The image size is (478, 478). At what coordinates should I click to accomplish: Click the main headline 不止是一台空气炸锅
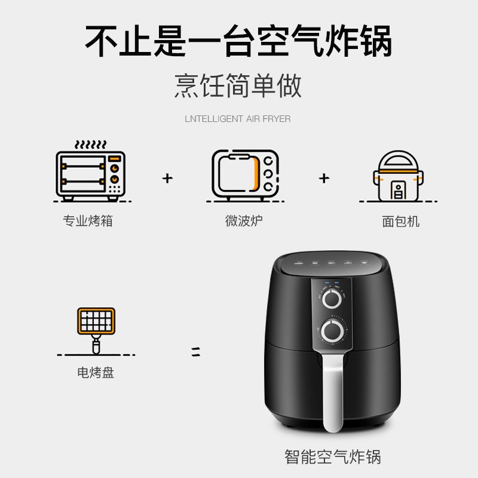[x=238, y=41]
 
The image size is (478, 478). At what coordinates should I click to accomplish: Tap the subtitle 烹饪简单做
[x=238, y=85]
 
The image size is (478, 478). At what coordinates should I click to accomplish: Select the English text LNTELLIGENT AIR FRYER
[x=238, y=118]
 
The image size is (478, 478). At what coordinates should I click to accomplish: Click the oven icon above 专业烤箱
[x=91, y=176]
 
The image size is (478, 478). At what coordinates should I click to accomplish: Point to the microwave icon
[x=246, y=174]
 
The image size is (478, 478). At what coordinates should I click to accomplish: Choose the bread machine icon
[x=398, y=176]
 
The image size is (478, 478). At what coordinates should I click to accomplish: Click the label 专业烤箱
[x=88, y=221]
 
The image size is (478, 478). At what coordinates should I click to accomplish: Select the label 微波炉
[x=244, y=221]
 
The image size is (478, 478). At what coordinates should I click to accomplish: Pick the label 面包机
[x=400, y=221]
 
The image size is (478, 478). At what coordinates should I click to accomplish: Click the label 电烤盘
[x=96, y=372]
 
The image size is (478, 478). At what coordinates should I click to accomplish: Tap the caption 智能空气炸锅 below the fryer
[x=333, y=456]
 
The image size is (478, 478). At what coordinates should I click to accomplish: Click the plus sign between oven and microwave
[x=167, y=178]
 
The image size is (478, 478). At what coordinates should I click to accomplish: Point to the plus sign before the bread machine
[x=324, y=178]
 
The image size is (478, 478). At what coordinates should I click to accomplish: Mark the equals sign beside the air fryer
[x=196, y=351]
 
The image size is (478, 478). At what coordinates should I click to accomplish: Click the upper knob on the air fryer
[x=332, y=299]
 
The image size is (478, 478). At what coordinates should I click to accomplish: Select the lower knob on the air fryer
[x=333, y=331]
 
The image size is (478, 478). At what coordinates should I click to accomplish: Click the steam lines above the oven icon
[x=91, y=144]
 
